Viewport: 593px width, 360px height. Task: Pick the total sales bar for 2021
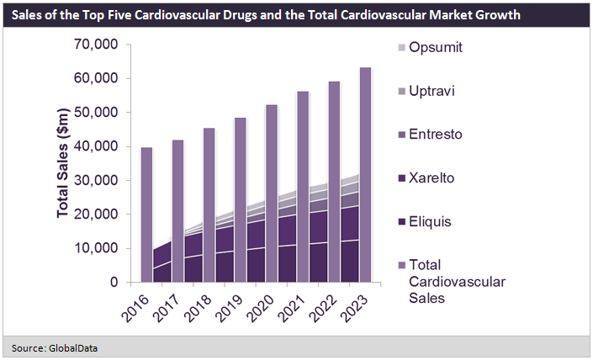pyautogui.click(x=302, y=135)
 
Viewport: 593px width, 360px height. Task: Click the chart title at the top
pyautogui.click(x=265, y=15)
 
